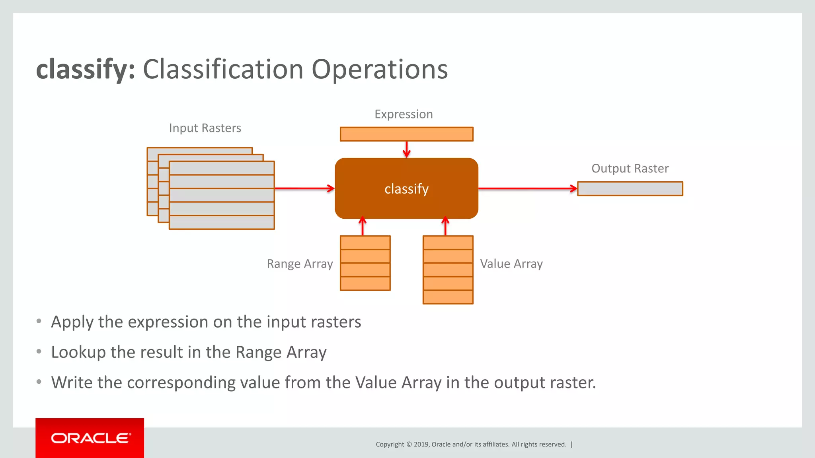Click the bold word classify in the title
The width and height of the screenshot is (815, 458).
85,70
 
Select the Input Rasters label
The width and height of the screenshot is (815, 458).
205,128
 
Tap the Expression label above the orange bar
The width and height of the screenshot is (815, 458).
404,114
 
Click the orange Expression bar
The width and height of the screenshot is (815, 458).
406,134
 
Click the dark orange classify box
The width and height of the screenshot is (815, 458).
406,189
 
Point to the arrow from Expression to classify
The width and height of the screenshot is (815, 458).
406,149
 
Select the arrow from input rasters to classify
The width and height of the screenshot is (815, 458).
304,188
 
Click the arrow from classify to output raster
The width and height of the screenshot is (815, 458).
527,188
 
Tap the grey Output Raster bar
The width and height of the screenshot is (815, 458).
630,189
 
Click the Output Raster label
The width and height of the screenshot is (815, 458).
630,169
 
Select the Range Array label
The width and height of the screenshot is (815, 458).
300,264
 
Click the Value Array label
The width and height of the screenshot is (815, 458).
511,264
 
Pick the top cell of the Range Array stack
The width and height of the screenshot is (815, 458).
365,243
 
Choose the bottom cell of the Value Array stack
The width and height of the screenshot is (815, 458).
448,297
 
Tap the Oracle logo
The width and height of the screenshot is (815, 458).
90,438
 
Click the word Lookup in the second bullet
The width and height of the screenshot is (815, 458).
78,353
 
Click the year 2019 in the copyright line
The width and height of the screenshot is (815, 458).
421,444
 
